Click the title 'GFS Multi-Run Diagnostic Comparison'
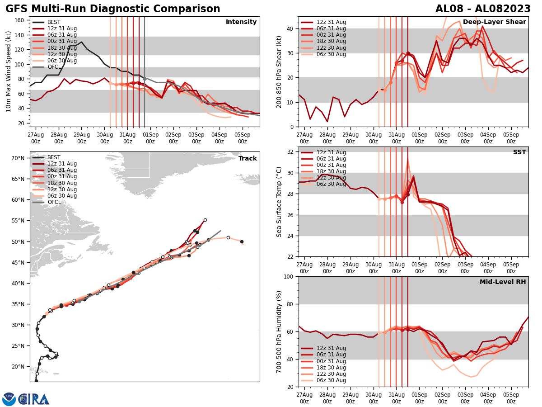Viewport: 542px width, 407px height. click(113, 9)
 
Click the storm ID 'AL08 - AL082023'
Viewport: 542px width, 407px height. click(483, 9)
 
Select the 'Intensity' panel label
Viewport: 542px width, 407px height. click(241, 22)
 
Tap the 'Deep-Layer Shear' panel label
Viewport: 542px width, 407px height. click(494, 22)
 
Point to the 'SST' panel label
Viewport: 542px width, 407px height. click(519, 152)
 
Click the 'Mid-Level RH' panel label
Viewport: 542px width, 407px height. click(502, 282)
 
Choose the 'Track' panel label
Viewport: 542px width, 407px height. click(248, 159)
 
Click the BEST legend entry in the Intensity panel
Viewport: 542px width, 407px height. click(54, 22)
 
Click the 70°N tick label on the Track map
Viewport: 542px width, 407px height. click(18, 158)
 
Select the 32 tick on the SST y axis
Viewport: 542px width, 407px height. click(291, 152)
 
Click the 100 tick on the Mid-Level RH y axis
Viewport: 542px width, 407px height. click(290, 276)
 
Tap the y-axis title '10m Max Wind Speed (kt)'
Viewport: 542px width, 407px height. click(8, 72)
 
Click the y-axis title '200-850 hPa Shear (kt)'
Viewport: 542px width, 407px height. click(279, 72)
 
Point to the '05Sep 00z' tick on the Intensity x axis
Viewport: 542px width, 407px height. click(243, 137)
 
